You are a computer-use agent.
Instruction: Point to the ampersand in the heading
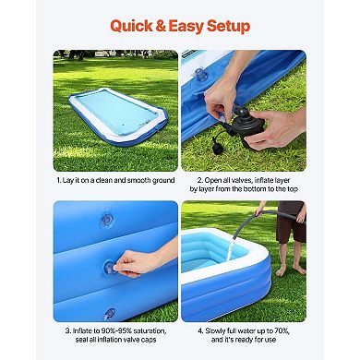pos(169,25)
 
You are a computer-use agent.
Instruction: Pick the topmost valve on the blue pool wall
pos(106,219)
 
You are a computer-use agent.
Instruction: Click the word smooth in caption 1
pos(126,180)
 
